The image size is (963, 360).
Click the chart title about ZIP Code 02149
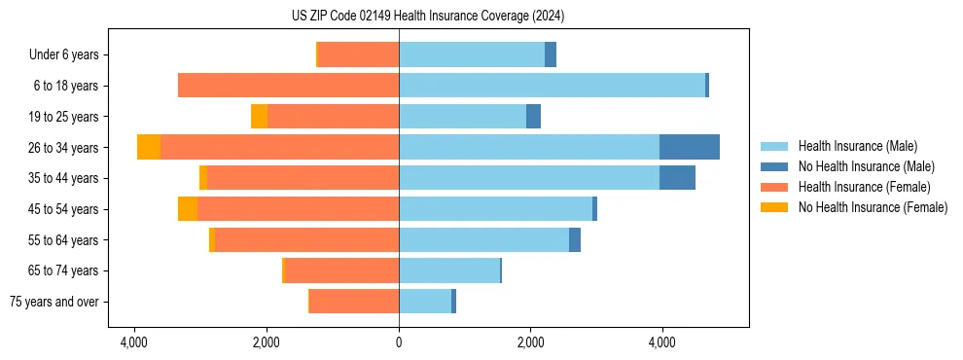coord(427,17)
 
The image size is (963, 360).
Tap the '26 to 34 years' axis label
coord(63,148)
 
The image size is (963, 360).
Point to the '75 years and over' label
coord(54,302)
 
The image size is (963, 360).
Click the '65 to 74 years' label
coord(63,270)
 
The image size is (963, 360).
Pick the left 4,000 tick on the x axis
coord(133,343)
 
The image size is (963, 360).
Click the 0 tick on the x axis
coord(399,343)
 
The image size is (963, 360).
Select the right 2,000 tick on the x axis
coord(530,343)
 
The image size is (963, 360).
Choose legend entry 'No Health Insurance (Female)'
coord(873,207)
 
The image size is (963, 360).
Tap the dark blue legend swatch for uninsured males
coord(775,167)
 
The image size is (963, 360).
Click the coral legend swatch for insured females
coord(775,187)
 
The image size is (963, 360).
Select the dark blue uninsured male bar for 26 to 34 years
coord(689,147)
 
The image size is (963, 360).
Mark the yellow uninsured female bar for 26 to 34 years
coord(149,147)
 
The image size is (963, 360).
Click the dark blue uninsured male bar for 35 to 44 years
coord(677,178)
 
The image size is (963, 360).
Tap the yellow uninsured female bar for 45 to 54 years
coord(188,209)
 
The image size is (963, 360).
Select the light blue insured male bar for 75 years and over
coord(425,302)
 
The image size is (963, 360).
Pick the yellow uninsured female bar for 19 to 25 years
coord(259,117)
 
